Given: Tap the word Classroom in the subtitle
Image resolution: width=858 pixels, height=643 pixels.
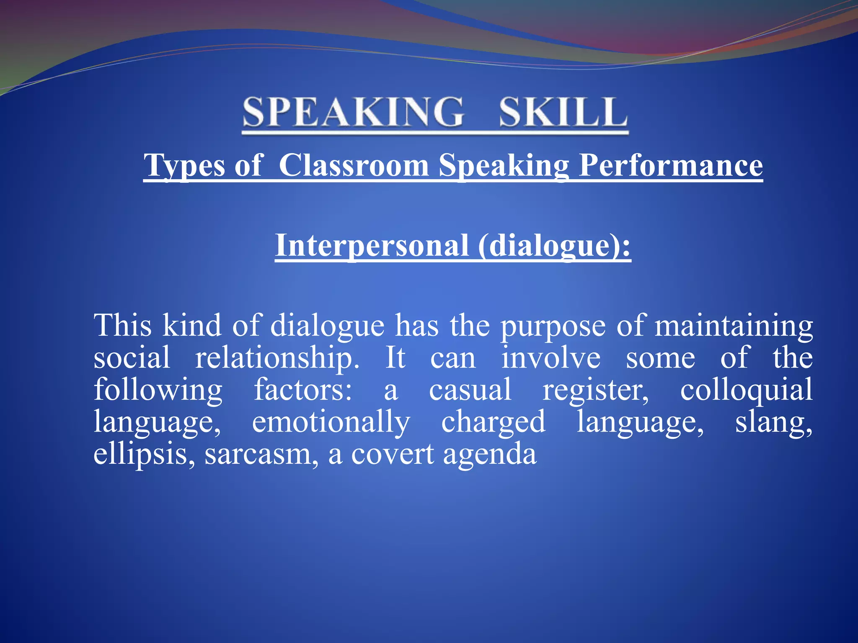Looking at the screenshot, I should click(354, 165).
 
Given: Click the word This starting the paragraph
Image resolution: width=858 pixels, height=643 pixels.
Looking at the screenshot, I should click(122, 325).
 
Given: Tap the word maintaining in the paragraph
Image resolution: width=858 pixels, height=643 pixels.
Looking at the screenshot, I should click(734, 326).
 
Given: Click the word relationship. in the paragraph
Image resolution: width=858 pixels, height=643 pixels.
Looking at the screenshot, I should click(277, 358).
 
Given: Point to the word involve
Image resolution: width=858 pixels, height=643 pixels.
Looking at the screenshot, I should click(551, 358).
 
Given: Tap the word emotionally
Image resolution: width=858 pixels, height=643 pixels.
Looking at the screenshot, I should click(331, 422).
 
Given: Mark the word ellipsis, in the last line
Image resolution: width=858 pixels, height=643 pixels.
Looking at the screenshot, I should click(144, 454).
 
